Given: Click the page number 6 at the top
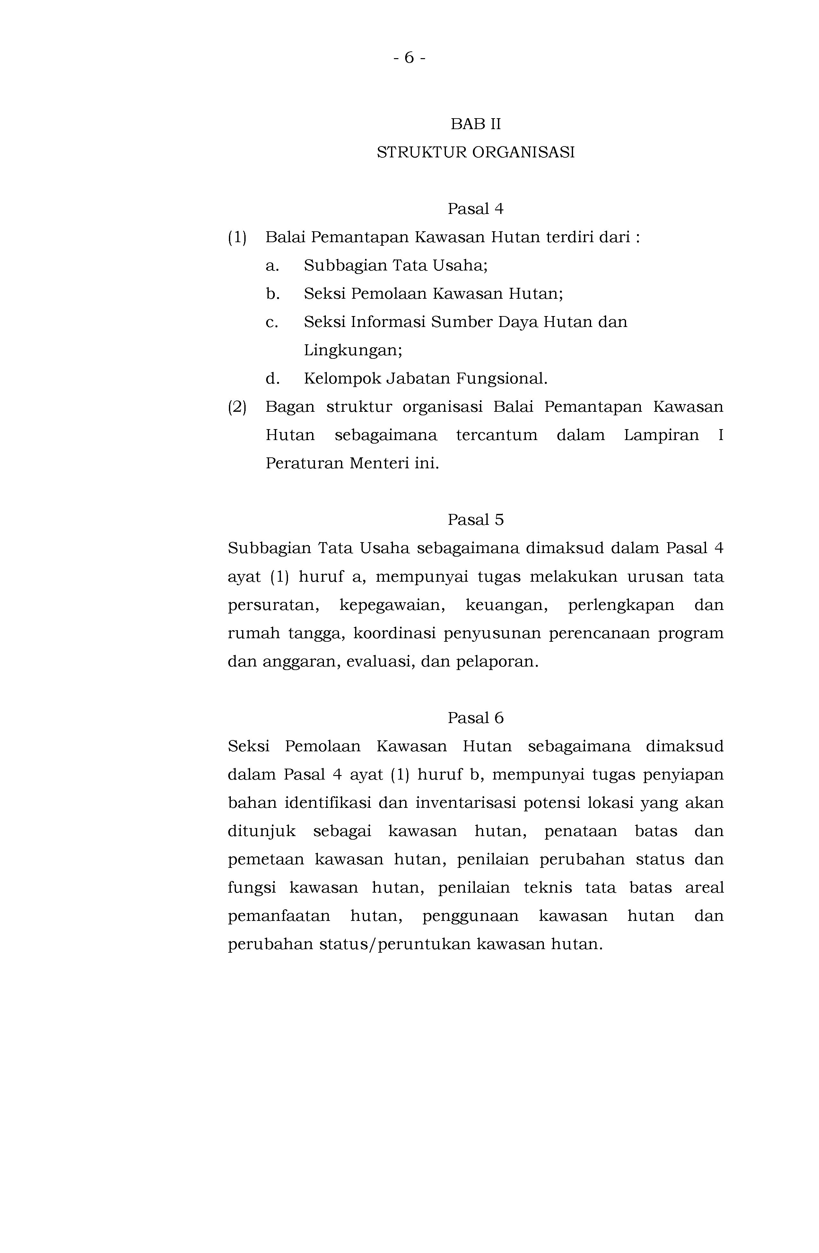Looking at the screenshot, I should click(409, 57).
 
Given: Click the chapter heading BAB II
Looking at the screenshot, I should click(475, 124).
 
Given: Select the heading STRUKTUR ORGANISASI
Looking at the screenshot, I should click(475, 153).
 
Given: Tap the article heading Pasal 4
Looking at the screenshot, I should click(475, 209).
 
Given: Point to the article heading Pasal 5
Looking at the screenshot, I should click(475, 520).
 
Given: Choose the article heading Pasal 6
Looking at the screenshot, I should click(475, 718).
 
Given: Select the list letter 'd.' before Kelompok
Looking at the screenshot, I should click(272, 378).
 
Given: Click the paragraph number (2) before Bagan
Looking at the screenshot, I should click(237, 407).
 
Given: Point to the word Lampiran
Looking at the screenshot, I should click(661, 436).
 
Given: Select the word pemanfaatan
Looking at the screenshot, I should click(279, 917).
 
